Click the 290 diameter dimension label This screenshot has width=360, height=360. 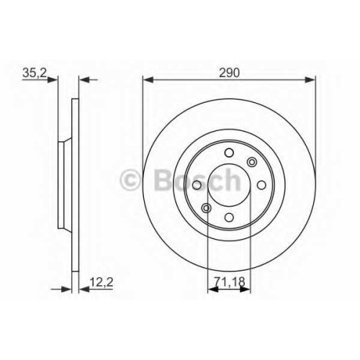229,73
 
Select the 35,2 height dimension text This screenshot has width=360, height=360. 35,73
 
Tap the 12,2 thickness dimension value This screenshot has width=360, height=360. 101,282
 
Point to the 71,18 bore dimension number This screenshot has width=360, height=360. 230,282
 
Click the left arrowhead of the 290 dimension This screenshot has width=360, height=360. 148,79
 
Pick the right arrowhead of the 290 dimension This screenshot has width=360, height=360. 310,79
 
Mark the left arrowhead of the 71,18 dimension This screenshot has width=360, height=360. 213,289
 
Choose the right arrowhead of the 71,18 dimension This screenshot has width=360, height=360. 245,289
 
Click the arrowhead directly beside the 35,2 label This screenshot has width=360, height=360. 53,79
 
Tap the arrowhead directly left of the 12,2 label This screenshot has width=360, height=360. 84,289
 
